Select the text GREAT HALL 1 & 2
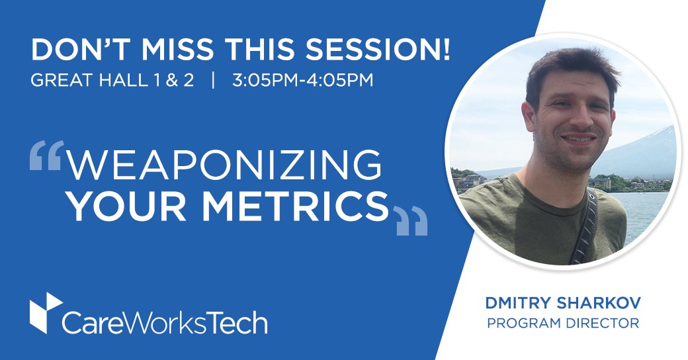point(112,81)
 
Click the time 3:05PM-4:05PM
point(303,81)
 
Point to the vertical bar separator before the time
point(213,81)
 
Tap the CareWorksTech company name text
point(165,322)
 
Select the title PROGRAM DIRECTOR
point(562,324)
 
